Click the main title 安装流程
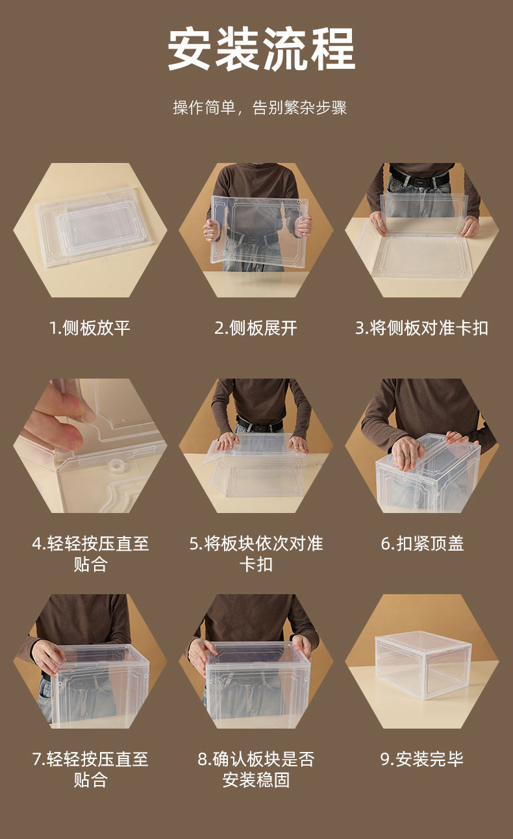[261, 49]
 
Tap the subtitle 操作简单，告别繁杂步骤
[260, 108]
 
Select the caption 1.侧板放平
[90, 328]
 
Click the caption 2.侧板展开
[256, 328]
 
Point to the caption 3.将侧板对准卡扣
[421, 328]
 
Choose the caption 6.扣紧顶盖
[422, 544]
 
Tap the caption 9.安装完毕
[422, 758]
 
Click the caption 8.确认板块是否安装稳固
[256, 769]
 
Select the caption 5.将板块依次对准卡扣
[256, 553]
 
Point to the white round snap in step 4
[117, 466]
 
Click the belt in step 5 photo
[260, 426]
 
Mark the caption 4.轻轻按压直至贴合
[90, 553]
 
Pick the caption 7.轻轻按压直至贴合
[90, 769]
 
